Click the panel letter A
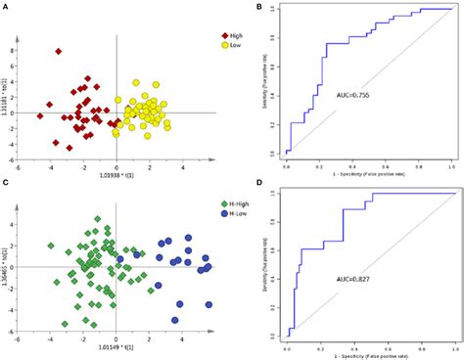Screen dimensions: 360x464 pyautogui.click(x=6, y=8)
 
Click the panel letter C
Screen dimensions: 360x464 pyautogui.click(x=6, y=184)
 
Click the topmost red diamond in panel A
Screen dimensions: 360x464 pyautogui.click(x=58, y=51)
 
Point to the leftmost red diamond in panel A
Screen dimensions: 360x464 pyautogui.click(x=40, y=115)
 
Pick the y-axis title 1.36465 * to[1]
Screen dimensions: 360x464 pyautogui.click(x=9, y=266)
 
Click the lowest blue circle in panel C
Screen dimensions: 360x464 pyautogui.click(x=177, y=319)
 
